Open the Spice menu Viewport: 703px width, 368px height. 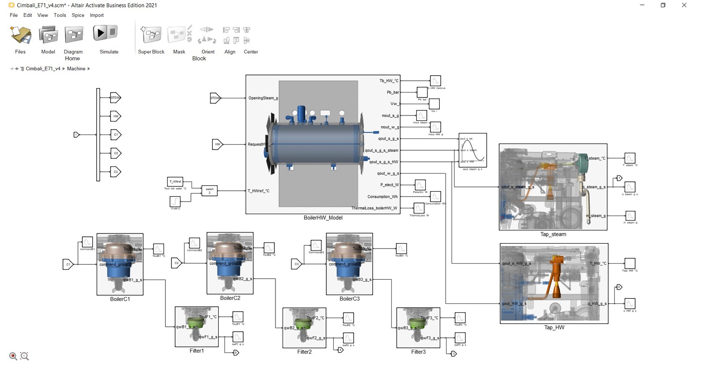[x=78, y=15]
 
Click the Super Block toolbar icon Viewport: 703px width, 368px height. [x=151, y=35]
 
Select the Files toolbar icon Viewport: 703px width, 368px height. [x=20, y=35]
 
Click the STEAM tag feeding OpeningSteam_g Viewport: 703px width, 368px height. [x=215, y=98]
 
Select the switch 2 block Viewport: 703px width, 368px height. [x=209, y=190]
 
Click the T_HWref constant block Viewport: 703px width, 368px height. [x=175, y=182]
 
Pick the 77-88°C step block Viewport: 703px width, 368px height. [x=175, y=201]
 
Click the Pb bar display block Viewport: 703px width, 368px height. [x=422, y=92]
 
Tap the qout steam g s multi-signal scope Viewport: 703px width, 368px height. [x=472, y=150]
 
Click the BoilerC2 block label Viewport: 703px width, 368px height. [x=230, y=298]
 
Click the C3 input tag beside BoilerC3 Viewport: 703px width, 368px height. [x=296, y=264]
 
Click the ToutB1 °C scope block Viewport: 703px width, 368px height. [x=158, y=249]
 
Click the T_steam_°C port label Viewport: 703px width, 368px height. [x=595, y=158]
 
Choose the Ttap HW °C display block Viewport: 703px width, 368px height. [x=630, y=263]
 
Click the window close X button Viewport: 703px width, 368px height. [x=684, y=5]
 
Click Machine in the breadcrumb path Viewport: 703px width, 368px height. [x=76, y=68]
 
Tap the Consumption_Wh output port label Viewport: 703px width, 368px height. [x=382, y=197]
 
